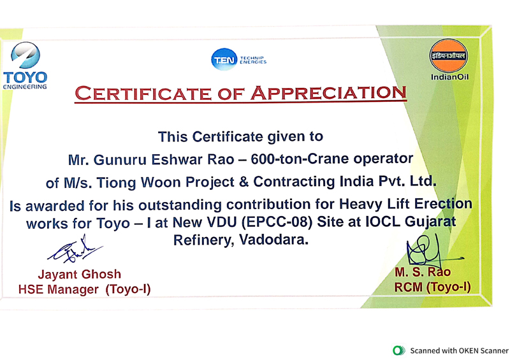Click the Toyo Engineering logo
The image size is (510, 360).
tap(25, 66)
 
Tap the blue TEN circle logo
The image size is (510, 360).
tap(224, 59)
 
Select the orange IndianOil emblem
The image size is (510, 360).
tap(449, 55)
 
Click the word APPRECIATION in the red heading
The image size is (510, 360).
tap(329, 93)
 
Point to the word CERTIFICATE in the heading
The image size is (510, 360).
tap(143, 94)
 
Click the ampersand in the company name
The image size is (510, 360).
tap(244, 182)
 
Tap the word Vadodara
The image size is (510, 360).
tap(273, 240)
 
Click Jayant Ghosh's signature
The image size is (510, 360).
tap(75, 250)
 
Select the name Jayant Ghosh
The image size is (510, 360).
tap(79, 275)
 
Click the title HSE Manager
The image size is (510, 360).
tap(59, 289)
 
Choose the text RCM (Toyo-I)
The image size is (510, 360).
tap(432, 287)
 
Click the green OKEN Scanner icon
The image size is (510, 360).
tap(399, 350)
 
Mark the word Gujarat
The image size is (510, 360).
tap(430, 222)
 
